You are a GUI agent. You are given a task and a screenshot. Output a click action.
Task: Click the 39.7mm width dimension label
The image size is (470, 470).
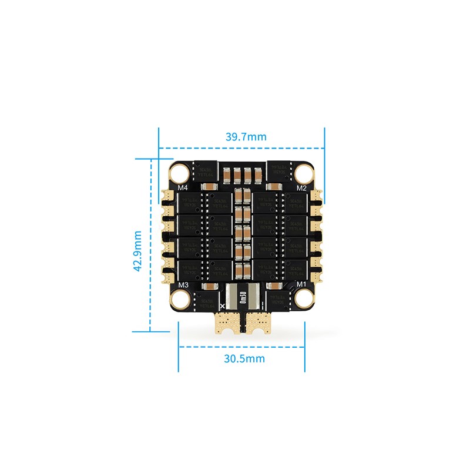pos(246,136)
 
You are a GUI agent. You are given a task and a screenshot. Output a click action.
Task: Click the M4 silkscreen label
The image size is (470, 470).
pos(182,188)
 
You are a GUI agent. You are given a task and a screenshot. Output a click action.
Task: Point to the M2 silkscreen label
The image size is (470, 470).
pos(301,188)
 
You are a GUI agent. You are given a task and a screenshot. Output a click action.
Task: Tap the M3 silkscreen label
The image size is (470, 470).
pos(183,285)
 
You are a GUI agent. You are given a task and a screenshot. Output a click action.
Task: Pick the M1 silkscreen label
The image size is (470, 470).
pos(301,285)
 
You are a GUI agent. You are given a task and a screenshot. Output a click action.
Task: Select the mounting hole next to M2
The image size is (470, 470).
pos(304,173)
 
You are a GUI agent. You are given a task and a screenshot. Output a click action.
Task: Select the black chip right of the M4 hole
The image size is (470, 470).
pos(205,170)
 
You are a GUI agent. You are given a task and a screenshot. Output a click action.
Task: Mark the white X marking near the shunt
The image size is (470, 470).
pos(221,306)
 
